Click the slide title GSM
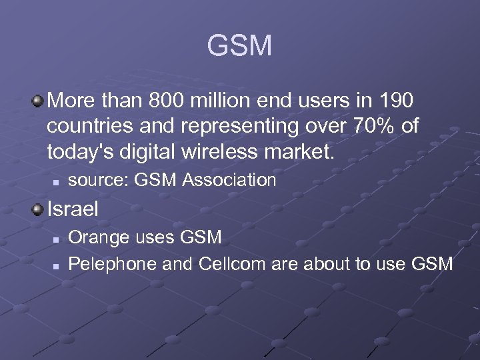pos(239,46)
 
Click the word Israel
pos(73,209)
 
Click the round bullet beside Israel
pos(39,209)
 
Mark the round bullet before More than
pos(39,101)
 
